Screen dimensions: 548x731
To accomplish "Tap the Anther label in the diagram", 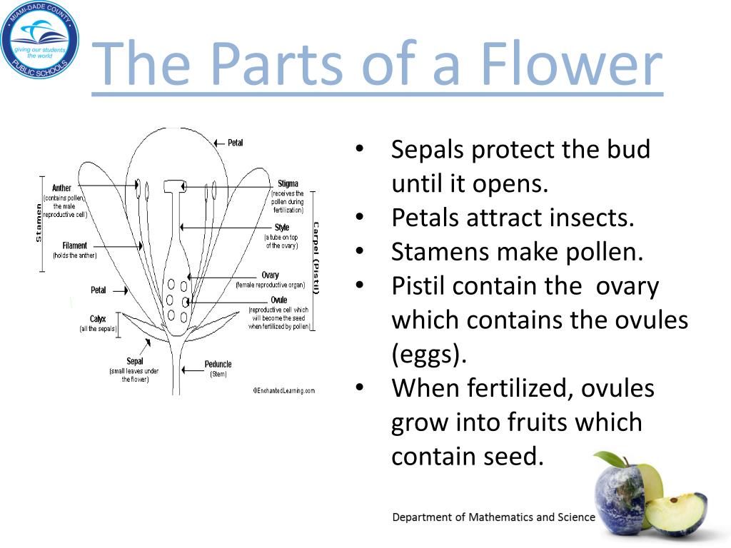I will (x=62, y=188).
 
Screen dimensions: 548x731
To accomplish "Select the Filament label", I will (x=75, y=245).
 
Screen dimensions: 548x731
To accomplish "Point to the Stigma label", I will (x=288, y=184).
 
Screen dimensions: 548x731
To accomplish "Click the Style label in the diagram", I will (x=282, y=228).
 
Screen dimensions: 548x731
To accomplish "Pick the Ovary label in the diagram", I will (x=270, y=275).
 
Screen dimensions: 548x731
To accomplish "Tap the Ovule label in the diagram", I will (x=278, y=300).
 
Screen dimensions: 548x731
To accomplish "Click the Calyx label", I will (x=98, y=319).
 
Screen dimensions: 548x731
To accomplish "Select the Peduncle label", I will (x=218, y=364).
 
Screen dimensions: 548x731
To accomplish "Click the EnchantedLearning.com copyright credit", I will (x=283, y=390).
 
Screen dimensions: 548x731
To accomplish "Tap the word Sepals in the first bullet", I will (x=428, y=150).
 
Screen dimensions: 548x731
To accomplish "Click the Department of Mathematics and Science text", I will (x=493, y=517).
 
